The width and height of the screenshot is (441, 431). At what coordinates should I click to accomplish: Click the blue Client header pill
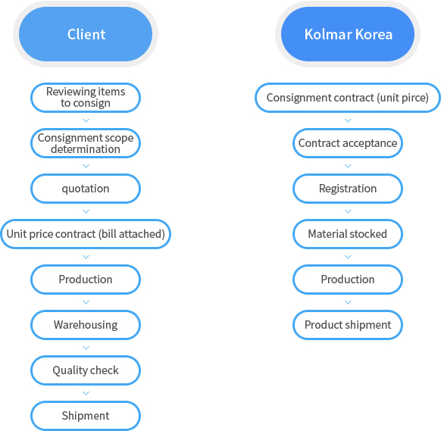[86, 34]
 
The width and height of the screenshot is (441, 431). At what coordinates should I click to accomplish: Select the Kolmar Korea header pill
[348, 34]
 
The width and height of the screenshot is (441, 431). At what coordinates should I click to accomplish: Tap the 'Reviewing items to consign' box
[86, 98]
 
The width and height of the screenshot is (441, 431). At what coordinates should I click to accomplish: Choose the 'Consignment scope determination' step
[86, 143]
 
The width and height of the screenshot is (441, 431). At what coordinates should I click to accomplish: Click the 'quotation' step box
[86, 189]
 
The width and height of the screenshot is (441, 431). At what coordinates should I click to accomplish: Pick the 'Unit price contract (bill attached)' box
[86, 234]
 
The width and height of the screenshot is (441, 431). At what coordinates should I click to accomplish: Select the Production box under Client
[86, 280]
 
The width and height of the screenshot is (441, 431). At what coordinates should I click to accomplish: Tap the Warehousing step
[86, 325]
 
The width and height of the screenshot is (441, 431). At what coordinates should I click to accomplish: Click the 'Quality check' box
[86, 370]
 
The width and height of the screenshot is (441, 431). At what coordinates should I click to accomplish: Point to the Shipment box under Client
[86, 416]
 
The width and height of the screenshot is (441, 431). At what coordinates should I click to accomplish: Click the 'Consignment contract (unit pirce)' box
[348, 98]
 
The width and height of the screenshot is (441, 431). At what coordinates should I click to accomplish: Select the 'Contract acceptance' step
[348, 143]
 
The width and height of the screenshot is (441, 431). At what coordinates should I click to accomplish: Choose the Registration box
[348, 189]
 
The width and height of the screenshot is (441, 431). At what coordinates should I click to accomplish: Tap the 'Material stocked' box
[348, 234]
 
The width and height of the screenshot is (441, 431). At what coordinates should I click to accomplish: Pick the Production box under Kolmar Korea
[348, 280]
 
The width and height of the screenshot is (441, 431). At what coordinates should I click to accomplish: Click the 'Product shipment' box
[348, 325]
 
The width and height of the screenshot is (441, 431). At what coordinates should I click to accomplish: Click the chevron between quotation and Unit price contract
[86, 211]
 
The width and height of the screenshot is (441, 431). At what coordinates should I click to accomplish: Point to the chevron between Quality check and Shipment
[86, 393]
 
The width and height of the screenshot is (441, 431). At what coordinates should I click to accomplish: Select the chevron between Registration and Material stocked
[349, 211]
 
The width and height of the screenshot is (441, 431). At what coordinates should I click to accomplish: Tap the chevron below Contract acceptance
[349, 166]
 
